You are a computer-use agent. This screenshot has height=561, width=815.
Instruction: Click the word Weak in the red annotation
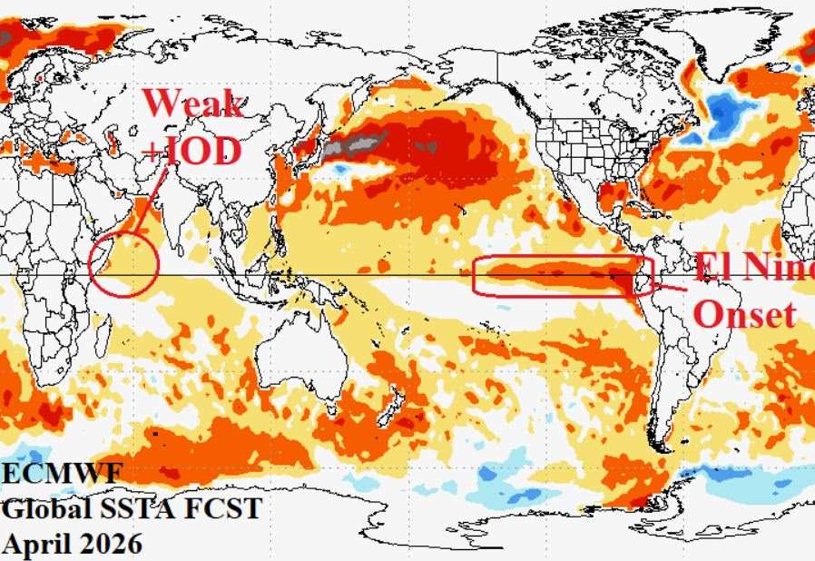click(192, 103)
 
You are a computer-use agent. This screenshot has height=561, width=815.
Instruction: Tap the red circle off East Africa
click(125, 263)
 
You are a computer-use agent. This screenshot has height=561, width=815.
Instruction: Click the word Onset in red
click(745, 314)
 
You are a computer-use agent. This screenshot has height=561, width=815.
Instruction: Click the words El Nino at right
click(754, 266)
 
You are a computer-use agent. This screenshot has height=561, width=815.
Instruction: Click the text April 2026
click(73, 544)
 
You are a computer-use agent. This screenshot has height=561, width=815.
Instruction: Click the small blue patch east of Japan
click(343, 168)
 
